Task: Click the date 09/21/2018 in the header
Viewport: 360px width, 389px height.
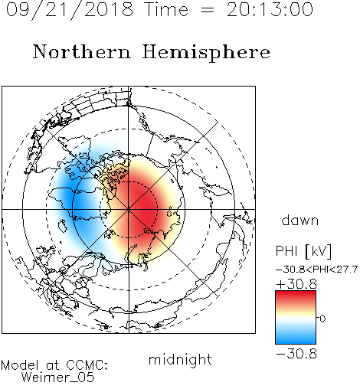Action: (70, 10)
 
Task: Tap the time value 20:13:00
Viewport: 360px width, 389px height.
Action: (270, 9)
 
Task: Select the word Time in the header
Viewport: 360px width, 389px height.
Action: (166, 9)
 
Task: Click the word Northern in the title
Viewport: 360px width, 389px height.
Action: (82, 52)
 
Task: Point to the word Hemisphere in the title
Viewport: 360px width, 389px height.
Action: (206, 53)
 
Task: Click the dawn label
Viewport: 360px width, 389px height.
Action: (300, 220)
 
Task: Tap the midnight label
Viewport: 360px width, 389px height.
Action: (180, 359)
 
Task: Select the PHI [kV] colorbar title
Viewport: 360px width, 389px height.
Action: (303, 251)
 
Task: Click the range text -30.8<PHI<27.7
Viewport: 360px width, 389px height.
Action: (316, 270)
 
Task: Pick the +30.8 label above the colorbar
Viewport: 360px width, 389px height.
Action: (296, 284)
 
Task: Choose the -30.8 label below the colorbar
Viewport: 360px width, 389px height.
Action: (296, 354)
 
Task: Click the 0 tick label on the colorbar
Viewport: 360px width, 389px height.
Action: (322, 319)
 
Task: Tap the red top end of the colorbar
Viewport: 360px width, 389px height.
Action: (296, 293)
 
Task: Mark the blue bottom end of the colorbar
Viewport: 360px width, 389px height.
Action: (296, 341)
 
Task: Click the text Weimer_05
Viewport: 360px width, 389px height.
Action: (58, 378)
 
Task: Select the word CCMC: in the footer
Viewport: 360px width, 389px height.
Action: (87, 365)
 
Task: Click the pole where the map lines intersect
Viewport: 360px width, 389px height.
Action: (129, 209)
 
